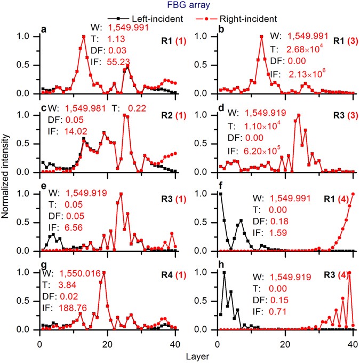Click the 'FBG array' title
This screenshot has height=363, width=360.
pos(180,6)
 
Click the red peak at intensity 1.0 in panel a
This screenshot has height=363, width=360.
pos(84,37)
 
